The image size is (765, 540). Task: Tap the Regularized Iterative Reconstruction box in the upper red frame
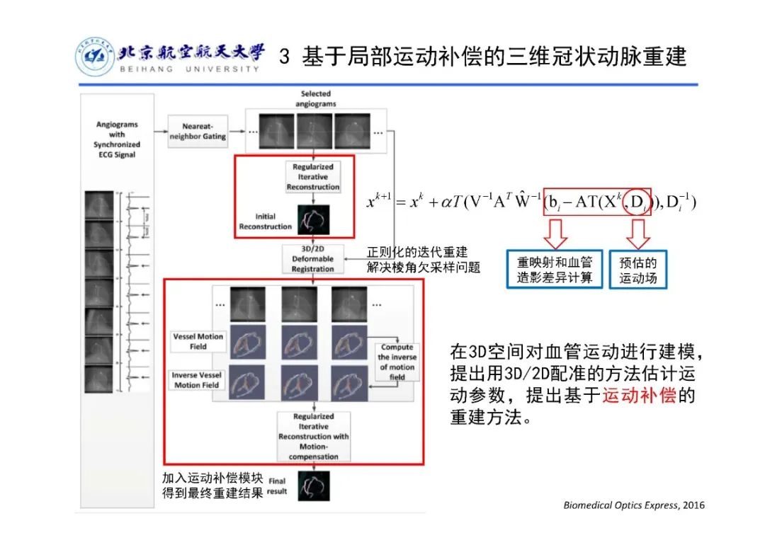pyautogui.click(x=312, y=177)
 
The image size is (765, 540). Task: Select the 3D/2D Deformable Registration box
pyautogui.click(x=312, y=260)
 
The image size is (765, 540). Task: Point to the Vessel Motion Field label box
pyautogui.click(x=198, y=341)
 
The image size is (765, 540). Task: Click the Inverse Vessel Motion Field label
pyautogui.click(x=196, y=380)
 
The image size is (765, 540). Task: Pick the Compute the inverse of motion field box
pyautogui.click(x=397, y=362)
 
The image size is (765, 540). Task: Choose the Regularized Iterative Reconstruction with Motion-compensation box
pyautogui.click(x=313, y=437)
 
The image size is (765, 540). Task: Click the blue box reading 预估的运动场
pyautogui.click(x=637, y=270)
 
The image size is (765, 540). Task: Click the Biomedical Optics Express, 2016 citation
pyautogui.click(x=634, y=505)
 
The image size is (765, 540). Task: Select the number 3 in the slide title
pyautogui.click(x=285, y=57)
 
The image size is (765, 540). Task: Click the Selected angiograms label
pyautogui.click(x=315, y=98)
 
